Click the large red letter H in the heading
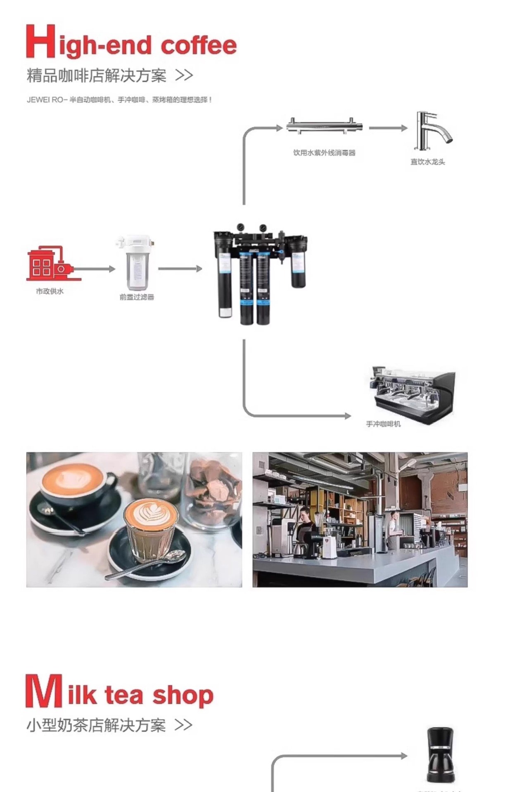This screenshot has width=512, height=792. coord(40,41)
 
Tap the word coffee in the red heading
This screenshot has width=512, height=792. coord(199,45)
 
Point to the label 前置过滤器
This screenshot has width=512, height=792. coord(137,297)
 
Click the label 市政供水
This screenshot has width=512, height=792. coord(50,291)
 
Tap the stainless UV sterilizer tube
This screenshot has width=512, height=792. coord(324,126)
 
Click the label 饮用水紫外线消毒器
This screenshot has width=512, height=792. coord(324,153)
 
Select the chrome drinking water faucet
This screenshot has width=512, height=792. coord(431,131)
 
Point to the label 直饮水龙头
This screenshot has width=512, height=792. coord(428,162)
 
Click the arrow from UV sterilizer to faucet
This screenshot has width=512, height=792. coord(388,128)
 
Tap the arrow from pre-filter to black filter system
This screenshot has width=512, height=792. coord(180,269)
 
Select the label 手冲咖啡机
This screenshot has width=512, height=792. coord(383,424)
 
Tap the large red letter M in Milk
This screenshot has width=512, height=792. coord(43,691)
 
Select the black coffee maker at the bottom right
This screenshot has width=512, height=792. coord(440,755)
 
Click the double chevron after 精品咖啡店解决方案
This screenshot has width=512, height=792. coord(184,75)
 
